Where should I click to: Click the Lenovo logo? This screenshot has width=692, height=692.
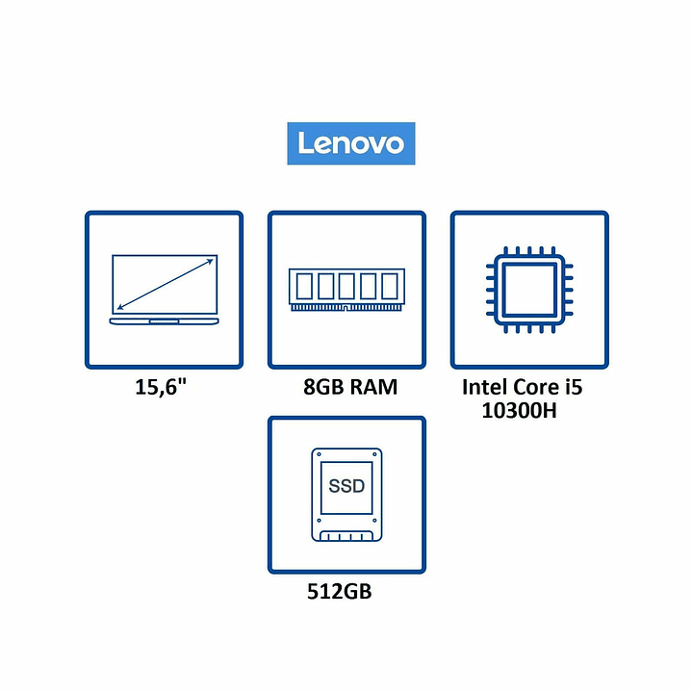(x=350, y=143)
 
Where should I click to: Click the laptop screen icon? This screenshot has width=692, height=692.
(x=164, y=288)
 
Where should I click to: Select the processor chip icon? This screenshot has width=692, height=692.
(x=528, y=288)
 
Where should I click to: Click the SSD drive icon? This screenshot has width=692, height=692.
(x=346, y=495)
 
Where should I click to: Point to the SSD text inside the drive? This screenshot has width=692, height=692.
(x=346, y=485)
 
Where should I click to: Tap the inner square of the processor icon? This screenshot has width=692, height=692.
(x=528, y=288)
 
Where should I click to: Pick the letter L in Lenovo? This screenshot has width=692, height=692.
(x=303, y=143)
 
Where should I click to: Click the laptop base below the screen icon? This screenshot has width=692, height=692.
(x=164, y=320)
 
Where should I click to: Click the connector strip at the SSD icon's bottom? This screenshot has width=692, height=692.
(x=346, y=535)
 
